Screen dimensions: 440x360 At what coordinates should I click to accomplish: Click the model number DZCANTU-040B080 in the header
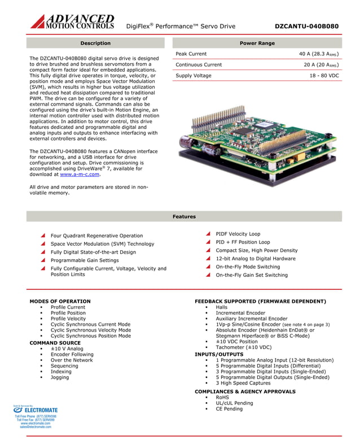pyautogui.click(x=306, y=26)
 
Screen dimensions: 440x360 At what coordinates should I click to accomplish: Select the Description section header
pyautogui.click(x=95, y=43)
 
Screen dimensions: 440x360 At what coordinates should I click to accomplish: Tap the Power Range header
pyautogui.click(x=257, y=43)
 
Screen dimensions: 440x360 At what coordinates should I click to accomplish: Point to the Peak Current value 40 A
pyautogui.click(x=318, y=54)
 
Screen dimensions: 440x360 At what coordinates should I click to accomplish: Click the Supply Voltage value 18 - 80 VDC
pyautogui.click(x=324, y=75)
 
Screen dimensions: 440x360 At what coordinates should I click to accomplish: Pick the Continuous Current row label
pyautogui.click(x=199, y=64)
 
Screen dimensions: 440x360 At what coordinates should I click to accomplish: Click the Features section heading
pyautogui.click(x=184, y=216)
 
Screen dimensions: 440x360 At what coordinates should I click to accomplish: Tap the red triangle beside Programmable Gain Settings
pyautogui.click(x=43, y=260)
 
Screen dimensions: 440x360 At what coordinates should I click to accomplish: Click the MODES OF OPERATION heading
pyautogui.click(x=60, y=301)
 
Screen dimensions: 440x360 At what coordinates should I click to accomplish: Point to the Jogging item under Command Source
pyautogui.click(x=60, y=377)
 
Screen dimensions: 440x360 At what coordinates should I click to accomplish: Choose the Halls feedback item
pyautogui.click(x=222, y=307)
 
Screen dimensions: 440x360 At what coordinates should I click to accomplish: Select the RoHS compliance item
pyautogui.click(x=222, y=397)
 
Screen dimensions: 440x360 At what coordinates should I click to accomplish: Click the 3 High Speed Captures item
pyautogui.click(x=243, y=383)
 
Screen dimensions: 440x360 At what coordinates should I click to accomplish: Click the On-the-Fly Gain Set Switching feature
pyautogui.click(x=251, y=275)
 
